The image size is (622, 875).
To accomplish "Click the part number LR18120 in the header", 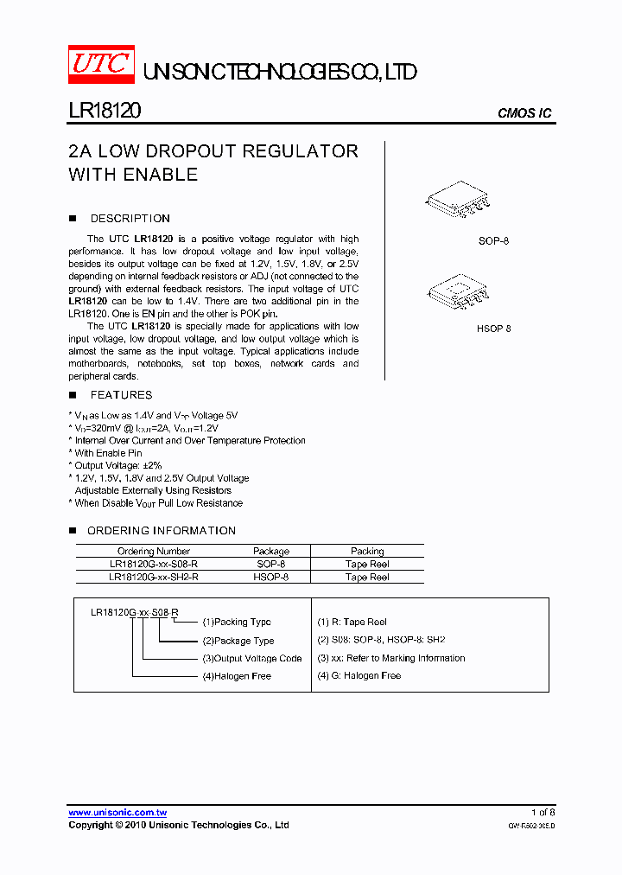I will (105, 112).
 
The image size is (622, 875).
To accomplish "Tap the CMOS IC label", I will (524, 113).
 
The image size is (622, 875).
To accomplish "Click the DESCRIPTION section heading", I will (130, 219).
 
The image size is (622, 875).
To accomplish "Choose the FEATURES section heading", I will (121, 395).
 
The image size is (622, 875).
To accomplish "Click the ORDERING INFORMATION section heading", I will (161, 531).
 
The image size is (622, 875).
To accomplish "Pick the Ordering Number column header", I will (154, 551).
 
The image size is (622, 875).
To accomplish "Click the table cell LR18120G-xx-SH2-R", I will (154, 577).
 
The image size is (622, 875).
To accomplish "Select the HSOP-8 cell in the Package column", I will (271, 577).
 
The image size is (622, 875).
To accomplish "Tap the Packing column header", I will (367, 551).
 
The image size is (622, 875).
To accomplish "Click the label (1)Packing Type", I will (236, 623).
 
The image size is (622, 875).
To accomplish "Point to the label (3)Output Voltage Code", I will (251, 659).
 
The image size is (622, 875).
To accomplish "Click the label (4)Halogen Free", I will (236, 676).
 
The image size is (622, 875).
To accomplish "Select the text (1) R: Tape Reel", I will (352, 623).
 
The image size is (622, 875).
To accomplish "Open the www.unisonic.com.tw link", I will (117, 813).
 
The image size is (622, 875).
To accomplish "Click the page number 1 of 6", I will (543, 813).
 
